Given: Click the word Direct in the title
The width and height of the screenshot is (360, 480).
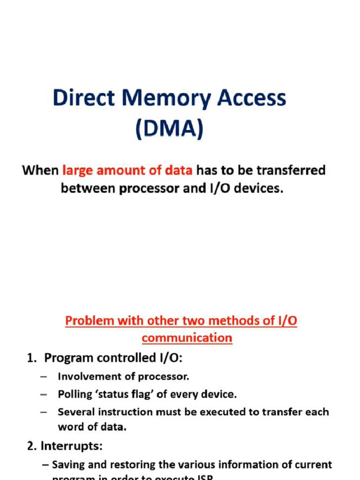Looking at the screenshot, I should coord(78,99).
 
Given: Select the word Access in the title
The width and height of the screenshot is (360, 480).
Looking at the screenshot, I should coord(251,99).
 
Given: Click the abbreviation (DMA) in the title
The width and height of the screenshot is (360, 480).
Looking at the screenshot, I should coord(169,129).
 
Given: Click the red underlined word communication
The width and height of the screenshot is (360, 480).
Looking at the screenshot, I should coord(187,337).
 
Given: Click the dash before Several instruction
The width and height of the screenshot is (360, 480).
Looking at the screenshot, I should coord(44,412).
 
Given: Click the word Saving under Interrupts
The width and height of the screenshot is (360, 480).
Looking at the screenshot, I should coord(68,465).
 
